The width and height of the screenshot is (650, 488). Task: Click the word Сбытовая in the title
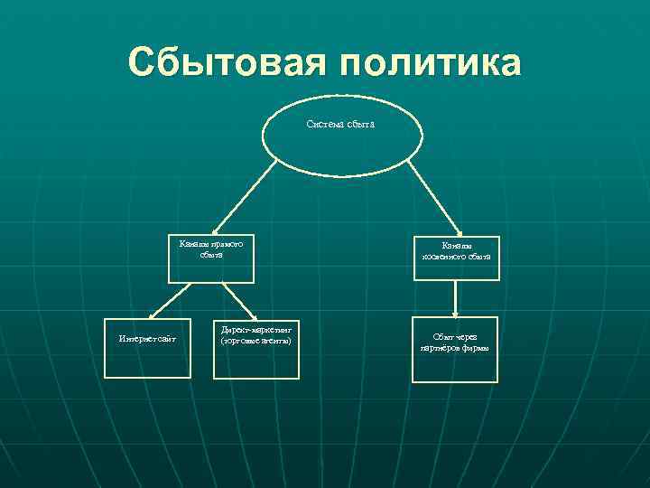[x=226, y=63]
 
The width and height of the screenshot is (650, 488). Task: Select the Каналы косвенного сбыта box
[x=455, y=252]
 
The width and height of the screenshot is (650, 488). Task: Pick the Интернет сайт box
[x=147, y=347]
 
